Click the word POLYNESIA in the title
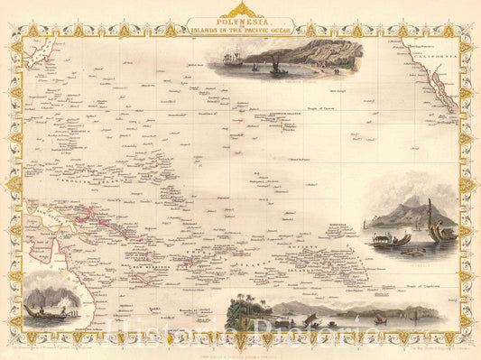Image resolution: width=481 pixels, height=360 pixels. [x=240, y=15]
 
